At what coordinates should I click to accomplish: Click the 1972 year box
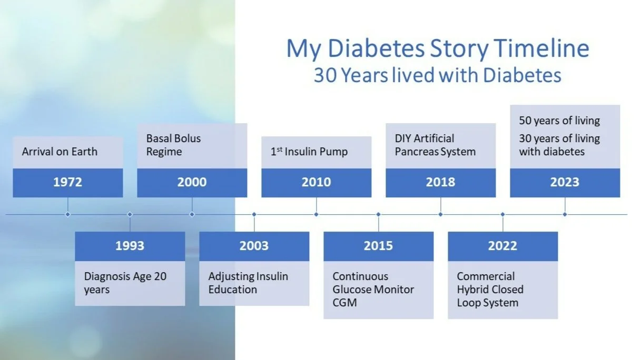coord(67,183)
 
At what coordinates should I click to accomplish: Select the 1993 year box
coord(130,246)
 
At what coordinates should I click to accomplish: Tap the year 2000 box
coord(192,183)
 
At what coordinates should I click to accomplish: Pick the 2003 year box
coord(254,246)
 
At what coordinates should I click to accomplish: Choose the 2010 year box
coord(316,183)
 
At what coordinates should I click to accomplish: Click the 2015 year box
coord(378,246)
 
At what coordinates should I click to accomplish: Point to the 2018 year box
coord(440,183)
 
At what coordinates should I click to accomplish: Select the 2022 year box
coord(502,246)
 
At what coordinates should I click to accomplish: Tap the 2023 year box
coord(565,183)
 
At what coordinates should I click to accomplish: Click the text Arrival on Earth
coord(60,152)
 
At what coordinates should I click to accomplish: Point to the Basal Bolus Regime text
coord(173,145)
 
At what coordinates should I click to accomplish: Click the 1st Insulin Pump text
coord(309,152)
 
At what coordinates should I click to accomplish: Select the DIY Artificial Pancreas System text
coord(435,145)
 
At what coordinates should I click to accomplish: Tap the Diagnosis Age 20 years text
coord(125,283)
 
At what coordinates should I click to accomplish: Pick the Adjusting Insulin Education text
coord(248,283)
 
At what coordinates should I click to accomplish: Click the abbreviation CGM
coord(344,303)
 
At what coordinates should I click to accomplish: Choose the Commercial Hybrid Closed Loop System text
coord(490,289)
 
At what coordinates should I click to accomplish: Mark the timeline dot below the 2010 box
coord(316,214)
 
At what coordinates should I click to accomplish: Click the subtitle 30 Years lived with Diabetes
coord(437,75)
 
